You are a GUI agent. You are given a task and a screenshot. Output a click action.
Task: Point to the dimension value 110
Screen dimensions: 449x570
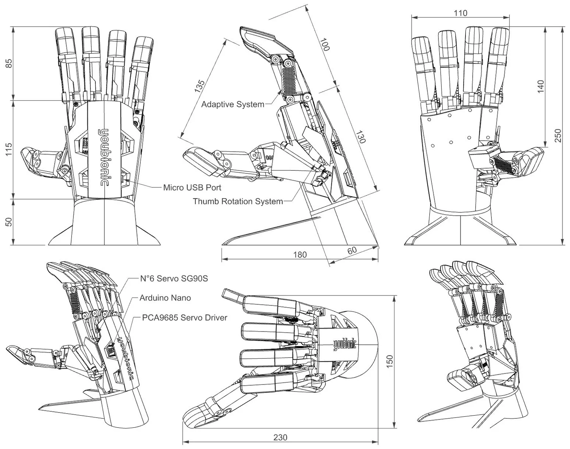coord(460,13)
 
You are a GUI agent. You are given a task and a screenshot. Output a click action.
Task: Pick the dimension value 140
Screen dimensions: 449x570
coord(541,86)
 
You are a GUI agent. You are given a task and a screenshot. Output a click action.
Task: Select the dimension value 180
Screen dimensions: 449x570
coord(300,255)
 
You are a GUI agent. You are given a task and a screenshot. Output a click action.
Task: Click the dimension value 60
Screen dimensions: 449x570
coord(352,251)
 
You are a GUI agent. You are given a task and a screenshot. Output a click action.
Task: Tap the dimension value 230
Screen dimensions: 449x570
coord(280,437)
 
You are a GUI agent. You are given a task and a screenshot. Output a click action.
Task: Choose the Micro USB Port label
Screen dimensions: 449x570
coord(192,188)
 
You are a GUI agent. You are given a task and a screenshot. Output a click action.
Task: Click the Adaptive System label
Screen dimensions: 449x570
coord(233,104)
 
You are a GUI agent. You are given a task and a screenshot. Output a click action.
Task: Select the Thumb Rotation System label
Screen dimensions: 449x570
coord(238,201)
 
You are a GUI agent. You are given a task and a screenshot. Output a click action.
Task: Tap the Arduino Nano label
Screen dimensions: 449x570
coord(165,298)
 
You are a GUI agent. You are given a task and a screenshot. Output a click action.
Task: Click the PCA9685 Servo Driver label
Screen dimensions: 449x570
coord(184,318)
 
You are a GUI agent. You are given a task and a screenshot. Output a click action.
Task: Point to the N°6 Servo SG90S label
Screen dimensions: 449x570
coord(174,278)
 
